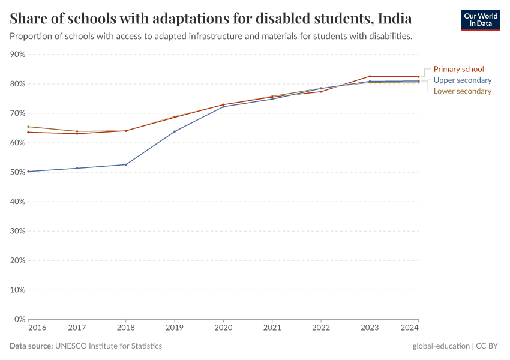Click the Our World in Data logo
480,20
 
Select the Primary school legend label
458,69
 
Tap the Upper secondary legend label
462,80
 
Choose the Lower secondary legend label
462,91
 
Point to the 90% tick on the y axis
17,55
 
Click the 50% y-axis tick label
17,172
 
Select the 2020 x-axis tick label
223,328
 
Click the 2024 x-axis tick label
409,328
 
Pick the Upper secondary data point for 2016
28,172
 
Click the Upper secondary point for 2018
126,164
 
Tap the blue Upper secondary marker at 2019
175,131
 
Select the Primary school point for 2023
370,76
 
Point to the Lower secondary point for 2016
28,127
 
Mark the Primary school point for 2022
321,91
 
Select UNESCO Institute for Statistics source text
108,346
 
